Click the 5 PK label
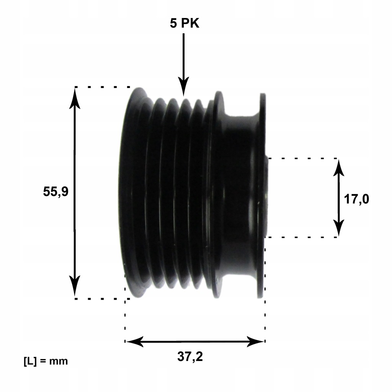pyautogui.click(x=185, y=23)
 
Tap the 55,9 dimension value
pyautogui.click(x=56, y=192)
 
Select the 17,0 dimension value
pyautogui.click(x=356, y=199)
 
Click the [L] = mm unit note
pyautogui.click(x=46, y=361)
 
